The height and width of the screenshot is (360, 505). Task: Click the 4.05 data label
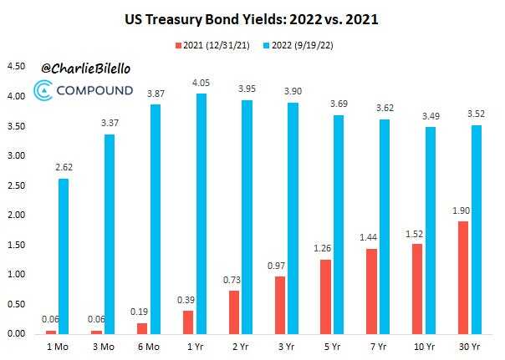201,84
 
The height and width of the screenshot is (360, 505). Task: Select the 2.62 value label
64,168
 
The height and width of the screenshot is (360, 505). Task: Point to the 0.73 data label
233,281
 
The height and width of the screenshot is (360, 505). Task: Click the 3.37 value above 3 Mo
110,124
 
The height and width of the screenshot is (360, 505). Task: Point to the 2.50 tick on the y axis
15,185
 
